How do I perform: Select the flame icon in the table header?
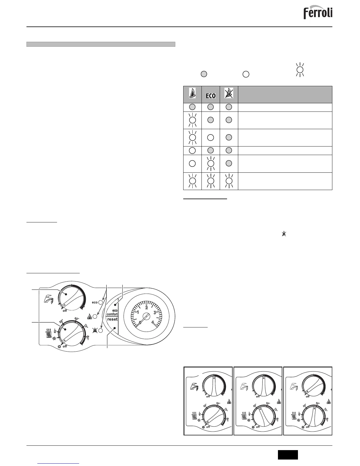point(193,93)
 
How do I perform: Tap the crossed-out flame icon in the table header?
point(229,93)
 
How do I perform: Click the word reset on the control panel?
point(112,319)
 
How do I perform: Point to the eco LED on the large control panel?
point(101,302)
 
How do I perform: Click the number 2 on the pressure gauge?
point(146,308)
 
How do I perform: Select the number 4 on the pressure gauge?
point(153,322)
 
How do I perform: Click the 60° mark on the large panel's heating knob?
point(77,319)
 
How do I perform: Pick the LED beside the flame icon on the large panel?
point(95,317)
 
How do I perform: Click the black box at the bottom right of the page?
point(288,455)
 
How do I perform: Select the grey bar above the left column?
point(101,44)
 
